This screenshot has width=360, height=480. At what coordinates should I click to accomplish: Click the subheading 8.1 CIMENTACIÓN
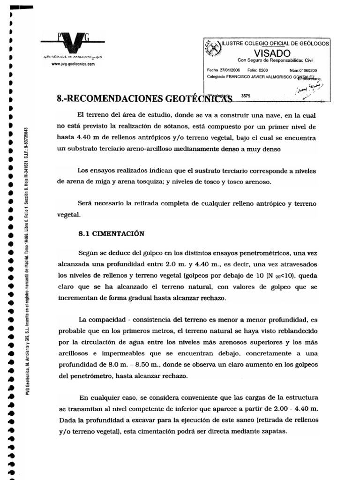[x=111, y=233]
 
